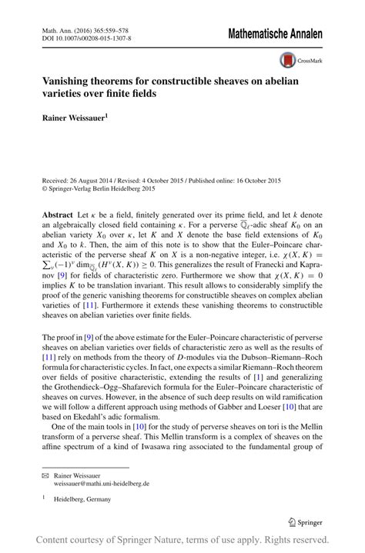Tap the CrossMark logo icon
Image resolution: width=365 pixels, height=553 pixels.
pyautogui.click(x=290, y=60)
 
